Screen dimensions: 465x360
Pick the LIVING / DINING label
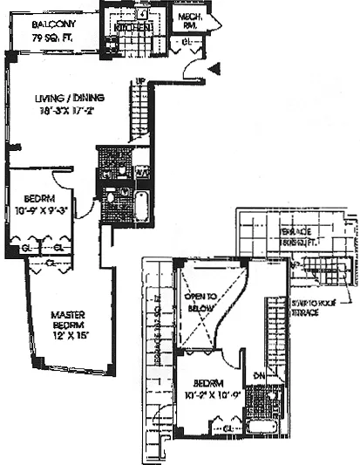64,99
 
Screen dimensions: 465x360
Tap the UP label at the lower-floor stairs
139,83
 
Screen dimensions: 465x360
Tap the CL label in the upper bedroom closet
228,428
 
